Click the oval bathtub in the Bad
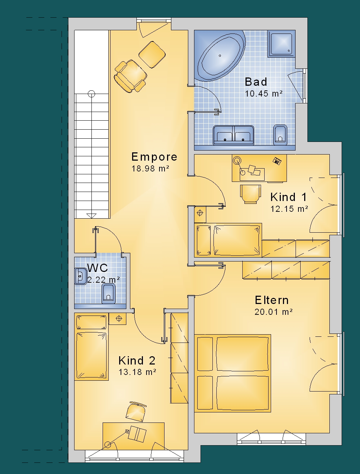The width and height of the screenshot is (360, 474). coord(221,56)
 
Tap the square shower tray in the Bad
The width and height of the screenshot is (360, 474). coord(282,44)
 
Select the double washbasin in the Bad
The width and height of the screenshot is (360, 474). coord(233,135)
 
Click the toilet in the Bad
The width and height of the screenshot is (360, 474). coord(280,135)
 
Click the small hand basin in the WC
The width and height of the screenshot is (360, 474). coord(81,276)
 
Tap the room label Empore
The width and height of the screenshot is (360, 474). coord(154,157)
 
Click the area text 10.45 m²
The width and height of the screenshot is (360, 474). coord(264,94)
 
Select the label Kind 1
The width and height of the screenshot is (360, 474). coord(288,197)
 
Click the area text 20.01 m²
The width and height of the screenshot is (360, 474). coord(274,312)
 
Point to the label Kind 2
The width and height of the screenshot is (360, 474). coord(137,361)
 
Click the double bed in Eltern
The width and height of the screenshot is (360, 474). coord(233,373)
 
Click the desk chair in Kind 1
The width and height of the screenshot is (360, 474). coord(250,194)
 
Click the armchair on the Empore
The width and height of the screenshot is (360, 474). coord(130,76)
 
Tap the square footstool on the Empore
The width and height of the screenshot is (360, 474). coord(152,55)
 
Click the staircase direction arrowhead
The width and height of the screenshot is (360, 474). coord(91,216)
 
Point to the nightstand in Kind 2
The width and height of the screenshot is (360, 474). coord(117,319)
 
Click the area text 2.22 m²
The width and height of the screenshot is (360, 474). coord(104,280)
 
